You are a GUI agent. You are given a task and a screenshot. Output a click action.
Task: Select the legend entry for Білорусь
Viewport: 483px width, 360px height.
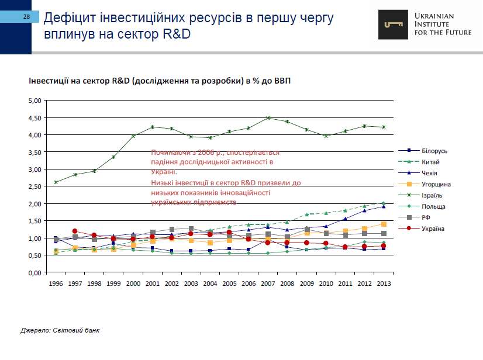pyautogui.click(x=433, y=151)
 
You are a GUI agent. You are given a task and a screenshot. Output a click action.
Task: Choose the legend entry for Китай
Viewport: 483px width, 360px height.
pyautogui.click(x=430, y=162)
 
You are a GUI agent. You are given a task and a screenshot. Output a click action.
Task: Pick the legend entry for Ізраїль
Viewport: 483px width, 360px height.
pyautogui.click(x=432, y=195)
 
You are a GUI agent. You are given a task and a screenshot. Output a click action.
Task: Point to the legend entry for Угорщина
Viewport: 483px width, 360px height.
pyautogui.click(x=435, y=184)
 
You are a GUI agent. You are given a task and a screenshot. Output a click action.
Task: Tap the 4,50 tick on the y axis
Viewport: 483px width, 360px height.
pyautogui.click(x=34, y=118)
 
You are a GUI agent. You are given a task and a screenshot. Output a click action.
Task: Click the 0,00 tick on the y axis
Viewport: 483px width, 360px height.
pyautogui.click(x=34, y=273)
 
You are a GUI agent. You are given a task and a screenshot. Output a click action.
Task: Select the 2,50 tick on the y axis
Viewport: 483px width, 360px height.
pyautogui.click(x=34, y=187)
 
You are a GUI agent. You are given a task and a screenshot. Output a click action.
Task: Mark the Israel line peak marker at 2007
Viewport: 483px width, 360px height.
pyautogui.click(x=268, y=118)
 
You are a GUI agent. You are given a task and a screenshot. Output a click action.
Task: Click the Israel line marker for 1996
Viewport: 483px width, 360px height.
pyautogui.click(x=56, y=182)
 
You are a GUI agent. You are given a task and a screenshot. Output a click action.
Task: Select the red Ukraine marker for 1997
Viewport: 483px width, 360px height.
pyautogui.click(x=75, y=231)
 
